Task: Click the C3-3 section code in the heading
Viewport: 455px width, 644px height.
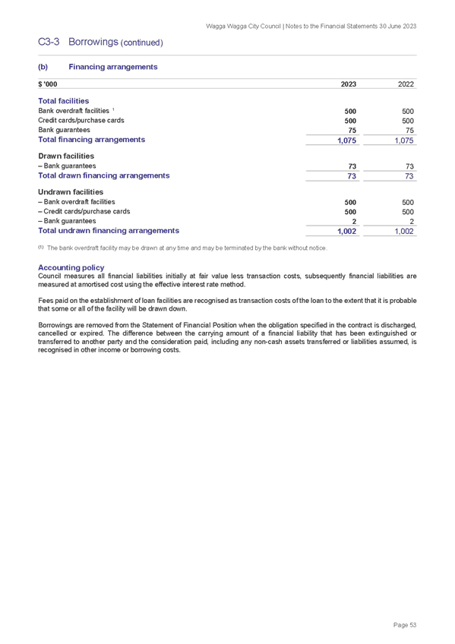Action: pyautogui.click(x=49, y=42)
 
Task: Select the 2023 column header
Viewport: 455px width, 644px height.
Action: pyautogui.click(x=349, y=84)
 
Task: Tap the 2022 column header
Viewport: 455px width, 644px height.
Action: pyautogui.click(x=406, y=84)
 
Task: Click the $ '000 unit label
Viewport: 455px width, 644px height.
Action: pyautogui.click(x=48, y=84)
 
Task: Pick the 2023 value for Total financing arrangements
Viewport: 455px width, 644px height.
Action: pyautogui.click(x=346, y=140)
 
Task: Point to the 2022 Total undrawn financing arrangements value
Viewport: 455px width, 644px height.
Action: pyautogui.click(x=404, y=231)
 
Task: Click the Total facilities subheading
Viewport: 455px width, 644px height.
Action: pyautogui.click(x=64, y=101)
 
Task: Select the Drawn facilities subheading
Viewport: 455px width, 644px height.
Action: pyautogui.click(x=66, y=156)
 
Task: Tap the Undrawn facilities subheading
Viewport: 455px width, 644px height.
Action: pyautogui.click(x=71, y=192)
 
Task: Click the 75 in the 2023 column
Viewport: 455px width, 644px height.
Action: pyautogui.click(x=352, y=131)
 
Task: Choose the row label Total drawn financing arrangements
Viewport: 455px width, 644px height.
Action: pyautogui.click(x=104, y=175)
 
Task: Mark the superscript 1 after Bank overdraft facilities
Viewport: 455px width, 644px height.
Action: pyautogui.click(x=113, y=109)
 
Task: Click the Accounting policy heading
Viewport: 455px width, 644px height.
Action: pyautogui.click(x=71, y=267)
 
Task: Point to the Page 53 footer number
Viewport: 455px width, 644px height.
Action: pyautogui.click(x=405, y=625)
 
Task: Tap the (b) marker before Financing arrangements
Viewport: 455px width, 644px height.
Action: pyautogui.click(x=43, y=67)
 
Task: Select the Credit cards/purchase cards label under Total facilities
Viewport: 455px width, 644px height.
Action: pyautogui.click(x=81, y=120)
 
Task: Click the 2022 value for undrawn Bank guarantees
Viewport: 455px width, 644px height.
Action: pyautogui.click(x=412, y=222)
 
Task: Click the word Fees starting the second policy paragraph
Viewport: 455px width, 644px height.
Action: pyautogui.click(x=45, y=301)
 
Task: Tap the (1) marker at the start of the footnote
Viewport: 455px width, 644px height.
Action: pyautogui.click(x=41, y=248)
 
